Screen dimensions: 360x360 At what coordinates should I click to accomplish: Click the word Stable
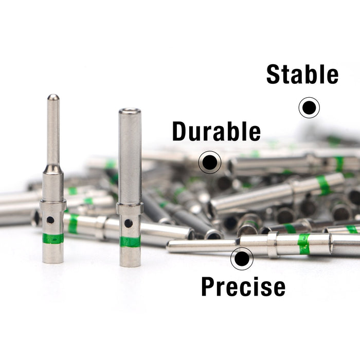(x=302, y=74)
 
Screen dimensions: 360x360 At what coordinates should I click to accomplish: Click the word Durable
(x=217, y=131)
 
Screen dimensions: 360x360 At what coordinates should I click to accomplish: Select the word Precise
(x=243, y=286)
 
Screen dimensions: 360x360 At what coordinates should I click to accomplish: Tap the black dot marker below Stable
(x=309, y=107)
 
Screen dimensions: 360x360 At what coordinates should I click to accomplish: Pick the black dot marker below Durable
(x=210, y=162)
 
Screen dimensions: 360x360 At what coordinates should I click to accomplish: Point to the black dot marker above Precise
(x=242, y=259)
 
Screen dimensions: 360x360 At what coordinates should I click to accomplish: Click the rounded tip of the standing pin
(x=53, y=97)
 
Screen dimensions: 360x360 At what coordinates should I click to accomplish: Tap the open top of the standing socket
(x=130, y=111)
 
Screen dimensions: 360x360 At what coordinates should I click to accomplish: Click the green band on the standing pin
(x=53, y=239)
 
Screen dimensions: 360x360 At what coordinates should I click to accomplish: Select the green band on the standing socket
(x=130, y=242)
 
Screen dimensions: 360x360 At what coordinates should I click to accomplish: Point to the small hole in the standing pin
(x=50, y=220)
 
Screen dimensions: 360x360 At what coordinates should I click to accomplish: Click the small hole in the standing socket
(x=129, y=223)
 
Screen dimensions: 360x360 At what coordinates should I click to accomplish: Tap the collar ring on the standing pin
(x=53, y=205)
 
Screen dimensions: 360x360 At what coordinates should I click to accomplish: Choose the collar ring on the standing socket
(x=130, y=208)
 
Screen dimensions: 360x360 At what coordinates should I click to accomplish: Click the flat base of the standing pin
(x=53, y=261)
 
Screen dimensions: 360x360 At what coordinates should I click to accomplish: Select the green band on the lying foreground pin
(x=304, y=244)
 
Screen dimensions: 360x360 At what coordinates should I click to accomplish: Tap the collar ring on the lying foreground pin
(x=273, y=245)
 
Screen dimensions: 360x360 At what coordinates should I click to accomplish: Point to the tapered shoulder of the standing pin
(x=53, y=169)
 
